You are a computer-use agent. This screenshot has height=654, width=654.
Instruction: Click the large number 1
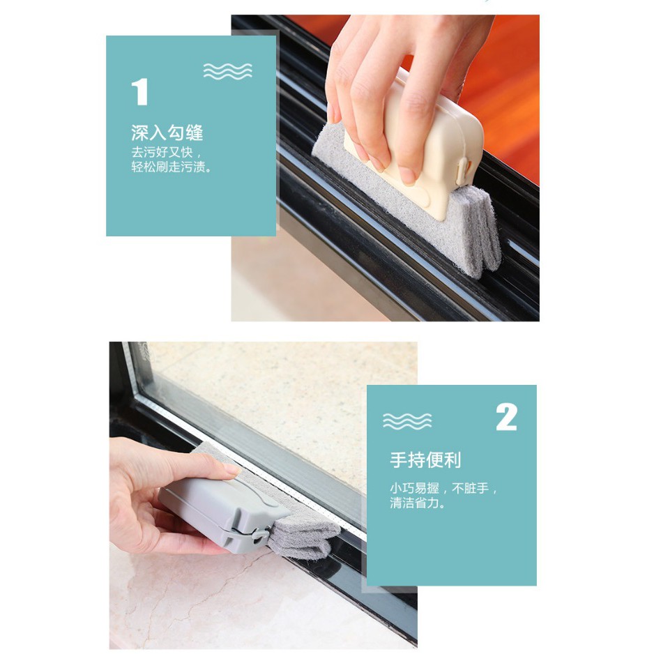140,91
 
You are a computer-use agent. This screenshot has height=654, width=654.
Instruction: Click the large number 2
506,417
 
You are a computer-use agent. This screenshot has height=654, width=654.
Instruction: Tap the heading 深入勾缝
167,133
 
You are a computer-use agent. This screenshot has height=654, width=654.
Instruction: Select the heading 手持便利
425,460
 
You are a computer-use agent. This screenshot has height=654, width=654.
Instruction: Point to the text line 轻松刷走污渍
172,167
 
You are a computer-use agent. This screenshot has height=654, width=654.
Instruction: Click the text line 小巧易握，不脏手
443,487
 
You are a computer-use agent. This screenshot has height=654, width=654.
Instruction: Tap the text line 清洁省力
418,502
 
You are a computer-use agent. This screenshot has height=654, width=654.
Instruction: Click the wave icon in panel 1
228,71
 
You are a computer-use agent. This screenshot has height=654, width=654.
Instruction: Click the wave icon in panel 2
407,421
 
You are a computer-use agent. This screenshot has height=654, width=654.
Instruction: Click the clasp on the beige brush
464,169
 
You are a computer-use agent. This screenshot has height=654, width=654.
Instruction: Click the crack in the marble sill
217,580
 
